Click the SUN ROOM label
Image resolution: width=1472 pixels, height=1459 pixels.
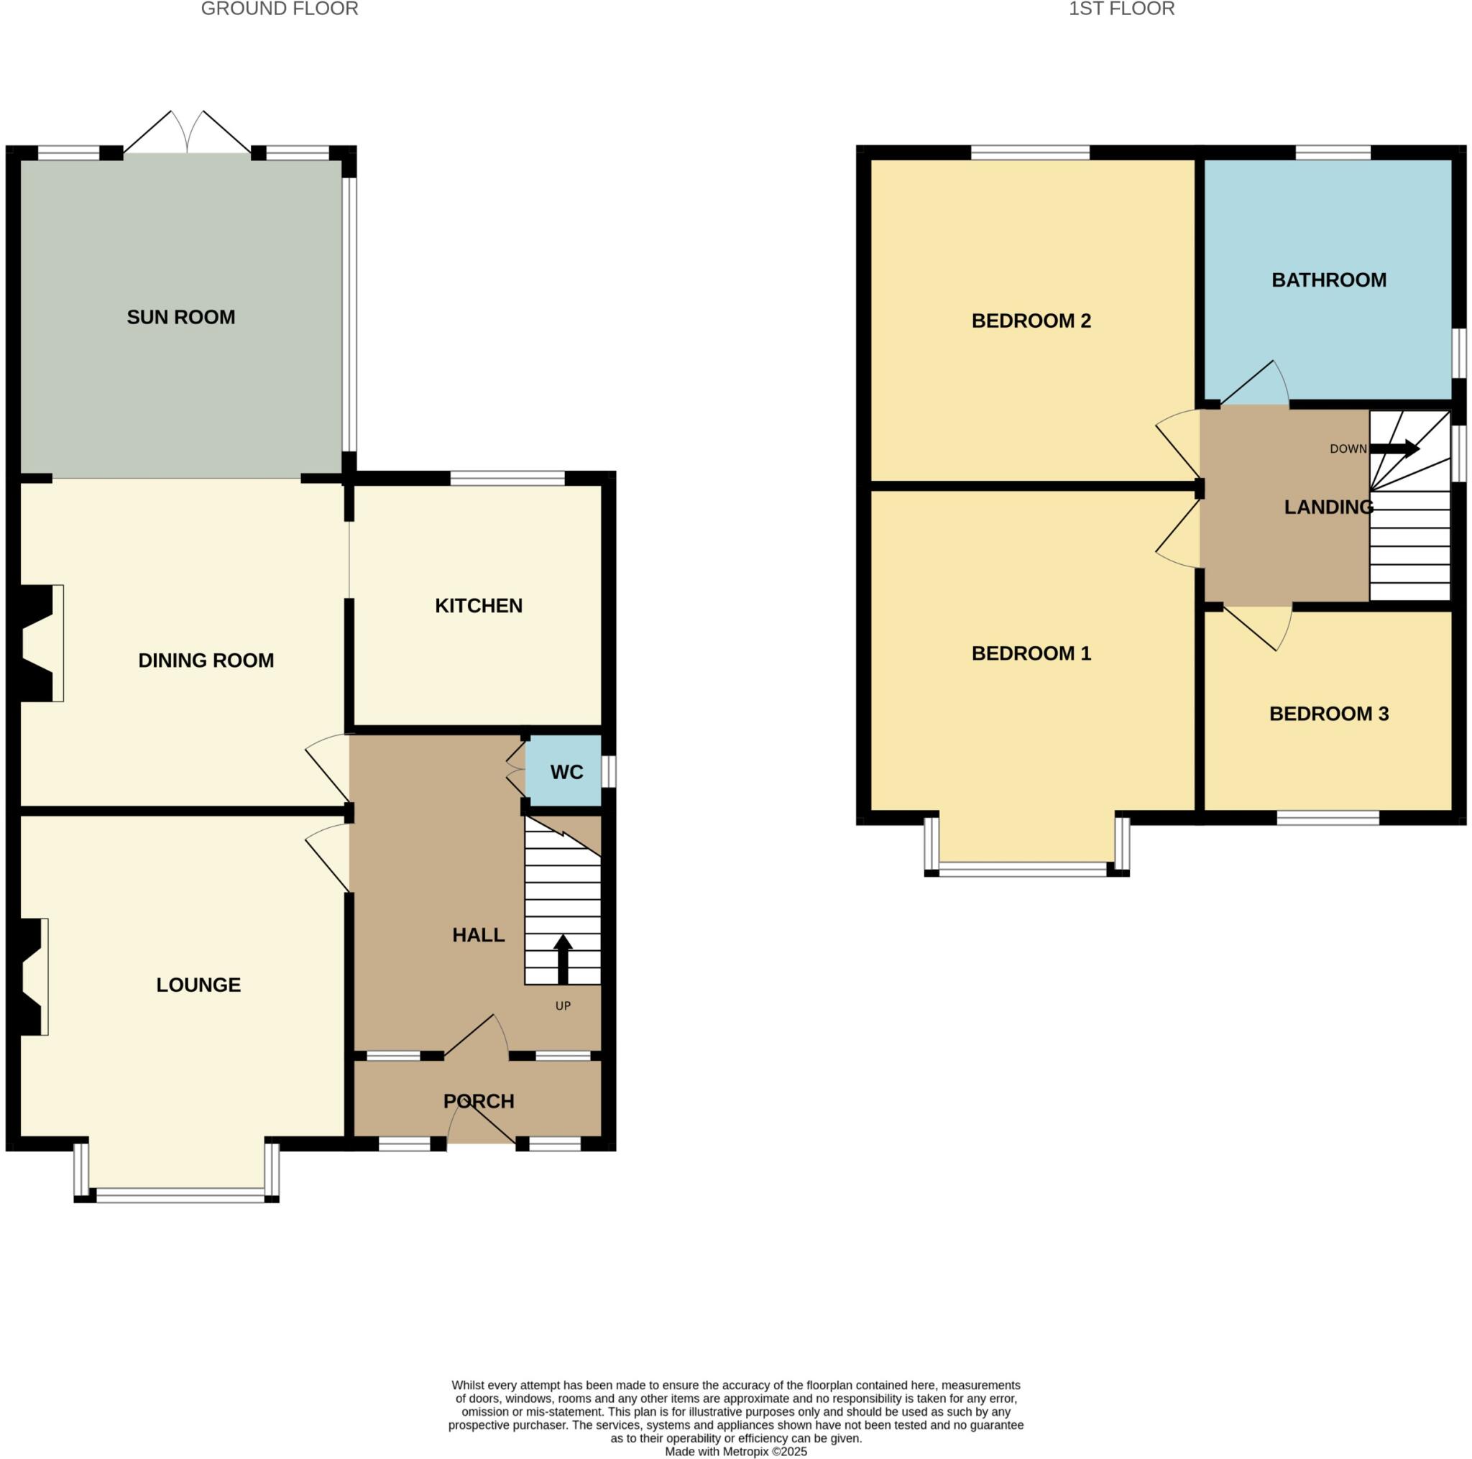(x=180, y=317)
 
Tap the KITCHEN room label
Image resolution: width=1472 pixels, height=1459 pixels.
(x=479, y=606)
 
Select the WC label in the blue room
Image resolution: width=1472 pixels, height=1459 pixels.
(x=566, y=772)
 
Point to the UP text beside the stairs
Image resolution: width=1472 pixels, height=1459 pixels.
(x=562, y=1005)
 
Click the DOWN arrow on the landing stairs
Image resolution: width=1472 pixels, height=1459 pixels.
(x=1395, y=448)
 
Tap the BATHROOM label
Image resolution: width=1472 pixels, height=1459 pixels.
(x=1328, y=280)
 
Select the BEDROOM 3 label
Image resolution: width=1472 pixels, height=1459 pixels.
(x=1328, y=713)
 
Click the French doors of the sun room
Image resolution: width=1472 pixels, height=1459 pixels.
(x=188, y=134)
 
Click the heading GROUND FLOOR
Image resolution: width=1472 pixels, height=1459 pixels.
(x=279, y=9)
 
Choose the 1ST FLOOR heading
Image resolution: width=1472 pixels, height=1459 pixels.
(x=1121, y=9)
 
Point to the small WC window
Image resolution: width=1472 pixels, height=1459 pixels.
(x=609, y=771)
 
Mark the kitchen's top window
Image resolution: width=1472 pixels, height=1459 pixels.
(x=507, y=478)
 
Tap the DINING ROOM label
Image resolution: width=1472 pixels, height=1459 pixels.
(x=206, y=660)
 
